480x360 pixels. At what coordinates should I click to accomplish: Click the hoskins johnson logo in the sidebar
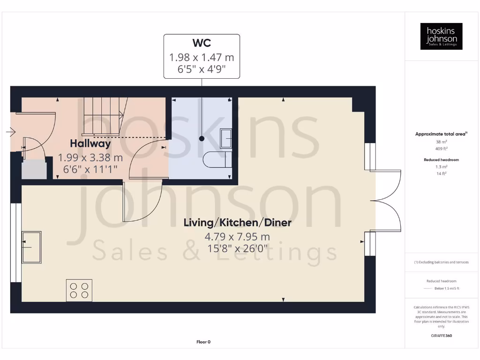[441, 36]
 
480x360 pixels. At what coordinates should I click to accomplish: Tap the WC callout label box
[202, 56]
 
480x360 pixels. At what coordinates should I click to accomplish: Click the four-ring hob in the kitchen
[79, 290]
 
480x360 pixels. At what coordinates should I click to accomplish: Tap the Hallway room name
[90, 143]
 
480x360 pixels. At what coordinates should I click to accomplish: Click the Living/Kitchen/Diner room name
[237, 222]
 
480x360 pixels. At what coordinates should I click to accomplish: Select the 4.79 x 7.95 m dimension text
[237, 237]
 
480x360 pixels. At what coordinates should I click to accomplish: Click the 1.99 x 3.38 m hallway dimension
[90, 157]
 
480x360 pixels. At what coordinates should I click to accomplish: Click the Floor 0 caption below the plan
[203, 342]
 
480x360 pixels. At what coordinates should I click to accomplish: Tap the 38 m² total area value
[442, 142]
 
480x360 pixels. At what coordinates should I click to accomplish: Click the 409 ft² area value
[442, 148]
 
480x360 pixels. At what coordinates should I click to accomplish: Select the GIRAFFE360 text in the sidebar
[442, 336]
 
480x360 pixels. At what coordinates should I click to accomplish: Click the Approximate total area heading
[441, 134]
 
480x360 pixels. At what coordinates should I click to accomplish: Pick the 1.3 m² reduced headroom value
[442, 166]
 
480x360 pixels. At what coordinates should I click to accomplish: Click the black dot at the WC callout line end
[202, 139]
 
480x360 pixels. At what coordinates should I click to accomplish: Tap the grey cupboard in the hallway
[34, 169]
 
